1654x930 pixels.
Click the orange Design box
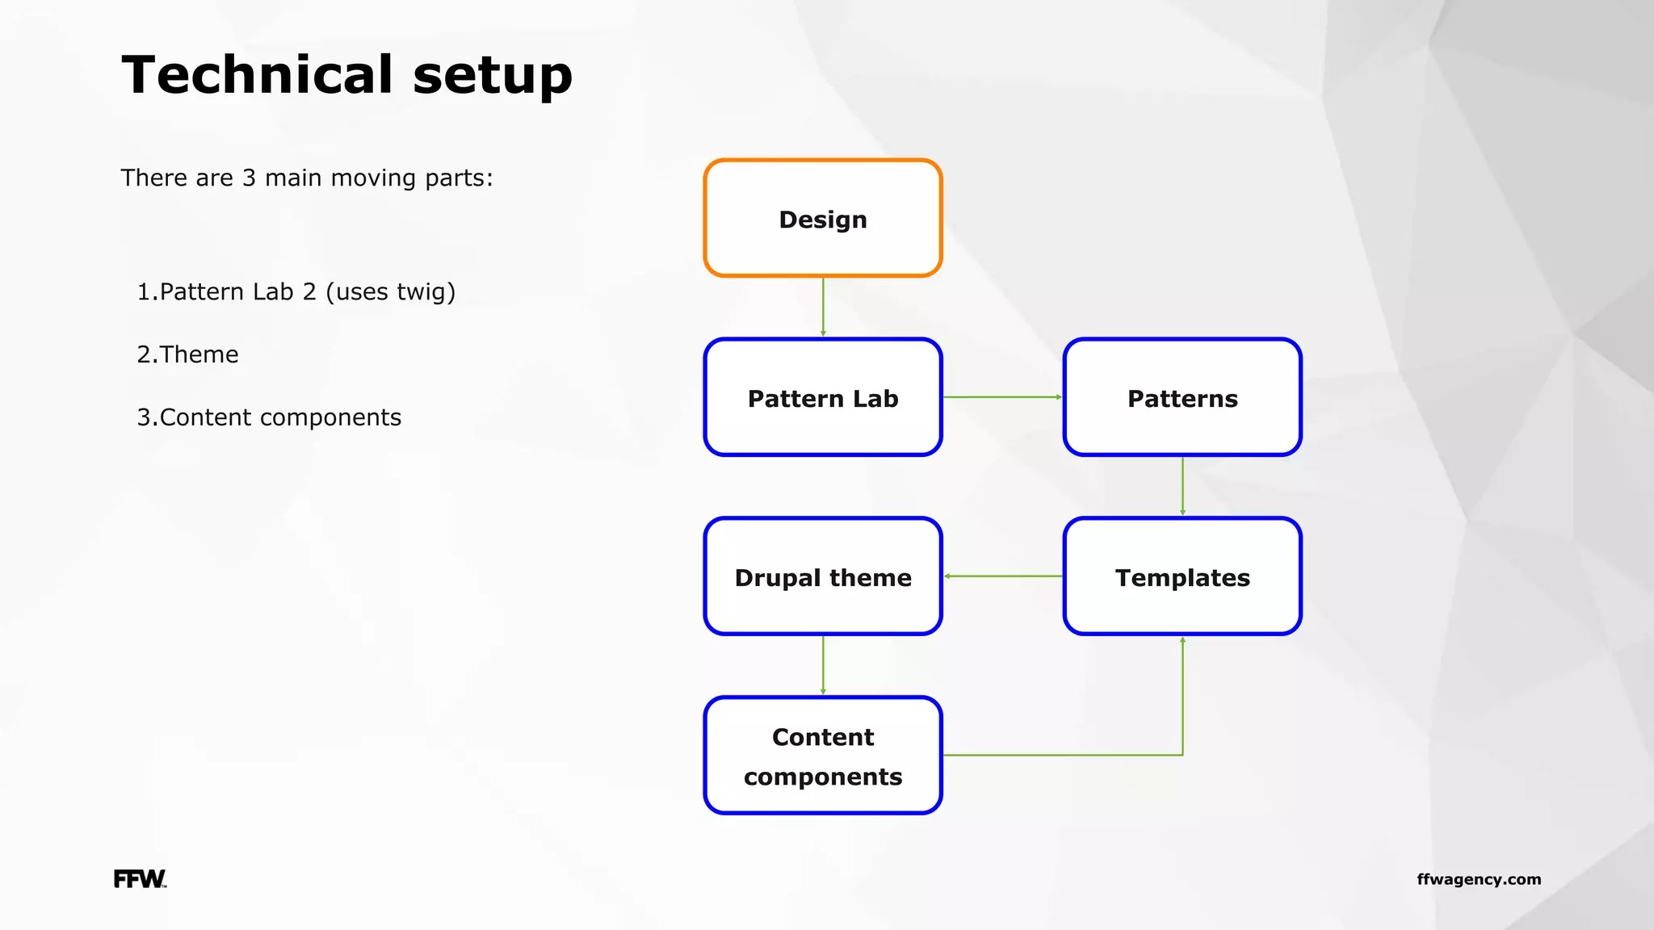[823, 219]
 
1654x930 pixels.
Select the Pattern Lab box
[823, 398]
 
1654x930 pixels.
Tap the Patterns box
[1182, 398]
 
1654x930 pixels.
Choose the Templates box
[1182, 577]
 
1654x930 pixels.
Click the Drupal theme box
[823, 577]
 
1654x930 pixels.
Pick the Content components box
[823, 756]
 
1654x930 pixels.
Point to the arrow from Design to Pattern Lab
[823, 308]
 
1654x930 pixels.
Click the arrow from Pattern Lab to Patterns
[1002, 397]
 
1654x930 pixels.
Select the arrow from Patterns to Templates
[1182, 487]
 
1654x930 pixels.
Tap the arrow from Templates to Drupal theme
[1002, 576]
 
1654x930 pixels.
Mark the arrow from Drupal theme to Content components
[823, 666]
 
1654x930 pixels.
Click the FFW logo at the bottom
[140, 879]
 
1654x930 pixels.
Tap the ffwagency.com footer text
[1479, 879]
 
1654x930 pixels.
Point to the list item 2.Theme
[187, 354]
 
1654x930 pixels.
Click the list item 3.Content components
[269, 417]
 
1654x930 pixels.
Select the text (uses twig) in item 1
[390, 291]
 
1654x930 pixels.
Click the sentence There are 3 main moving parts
[307, 178]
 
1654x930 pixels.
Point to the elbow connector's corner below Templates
[1182, 755]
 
